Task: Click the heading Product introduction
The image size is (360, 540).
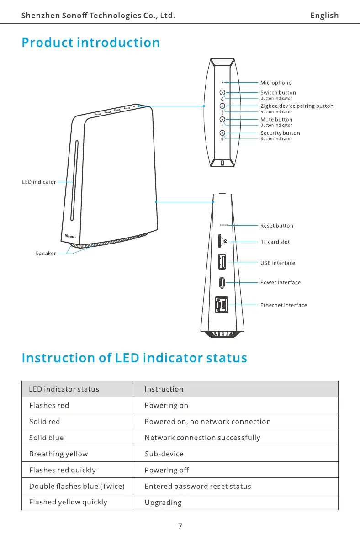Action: [x=91, y=42]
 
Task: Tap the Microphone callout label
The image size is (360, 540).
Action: [x=275, y=83]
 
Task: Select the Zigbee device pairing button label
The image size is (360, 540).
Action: [x=296, y=106]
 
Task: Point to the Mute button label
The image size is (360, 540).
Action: [x=276, y=120]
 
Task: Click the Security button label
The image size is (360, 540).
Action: [x=280, y=133]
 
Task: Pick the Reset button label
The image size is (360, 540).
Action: [x=276, y=226]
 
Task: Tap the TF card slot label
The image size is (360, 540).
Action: [x=275, y=242]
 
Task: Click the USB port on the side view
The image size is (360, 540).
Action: [x=222, y=262]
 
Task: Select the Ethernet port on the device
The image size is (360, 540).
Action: [x=222, y=305]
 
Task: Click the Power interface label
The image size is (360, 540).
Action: [x=280, y=282]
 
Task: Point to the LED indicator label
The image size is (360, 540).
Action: [x=39, y=182]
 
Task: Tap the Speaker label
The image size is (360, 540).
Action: [x=46, y=254]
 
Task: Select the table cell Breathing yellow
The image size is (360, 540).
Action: [x=58, y=454]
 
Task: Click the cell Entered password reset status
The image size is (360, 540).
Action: [x=197, y=486]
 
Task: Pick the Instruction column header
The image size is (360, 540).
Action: [x=164, y=389]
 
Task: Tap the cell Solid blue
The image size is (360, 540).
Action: [x=47, y=438]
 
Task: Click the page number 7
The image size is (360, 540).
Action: [x=180, y=526]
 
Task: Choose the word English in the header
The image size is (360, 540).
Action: [x=324, y=16]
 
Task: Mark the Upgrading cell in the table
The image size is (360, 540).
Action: [x=163, y=503]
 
